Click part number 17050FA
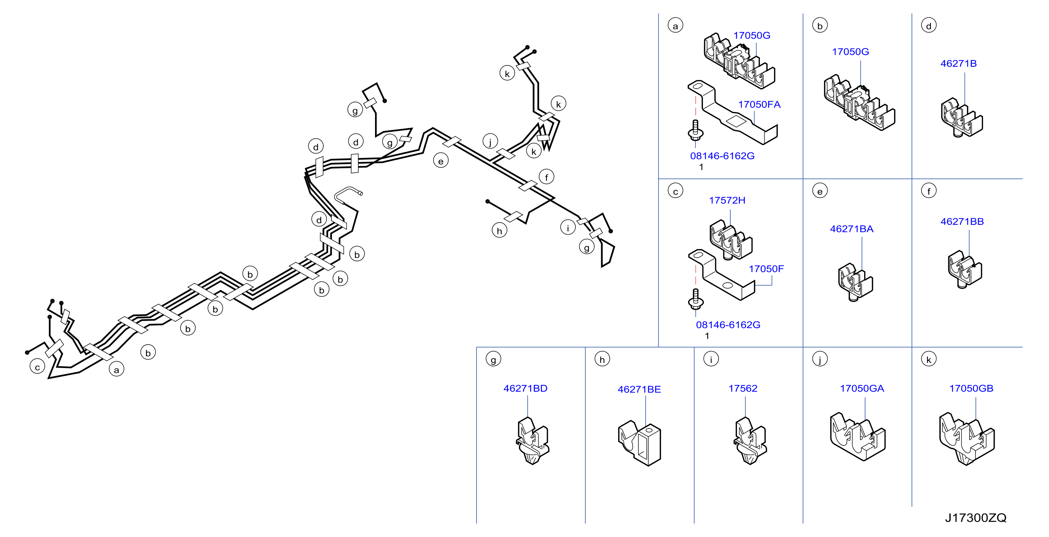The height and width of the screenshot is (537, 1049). point(759,105)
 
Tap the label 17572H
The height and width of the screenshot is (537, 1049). point(727,200)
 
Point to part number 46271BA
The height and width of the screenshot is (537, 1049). point(852,229)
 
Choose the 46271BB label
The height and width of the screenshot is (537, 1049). point(962,222)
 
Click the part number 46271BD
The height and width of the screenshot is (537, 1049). point(525,389)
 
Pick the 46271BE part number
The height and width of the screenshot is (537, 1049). point(639,389)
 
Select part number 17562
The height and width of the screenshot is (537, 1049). point(743,389)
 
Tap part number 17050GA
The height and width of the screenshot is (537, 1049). point(862,389)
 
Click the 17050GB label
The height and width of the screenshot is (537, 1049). point(971,389)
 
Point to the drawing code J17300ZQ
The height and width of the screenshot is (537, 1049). point(976,518)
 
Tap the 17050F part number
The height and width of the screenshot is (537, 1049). point(766,269)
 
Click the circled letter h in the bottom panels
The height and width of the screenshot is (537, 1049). point(602,359)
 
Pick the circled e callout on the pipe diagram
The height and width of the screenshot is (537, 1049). point(441,161)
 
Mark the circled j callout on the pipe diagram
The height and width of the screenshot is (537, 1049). point(490,141)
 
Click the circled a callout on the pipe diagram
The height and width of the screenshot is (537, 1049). point(116,369)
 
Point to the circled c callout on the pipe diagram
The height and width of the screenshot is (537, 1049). point(37,367)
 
